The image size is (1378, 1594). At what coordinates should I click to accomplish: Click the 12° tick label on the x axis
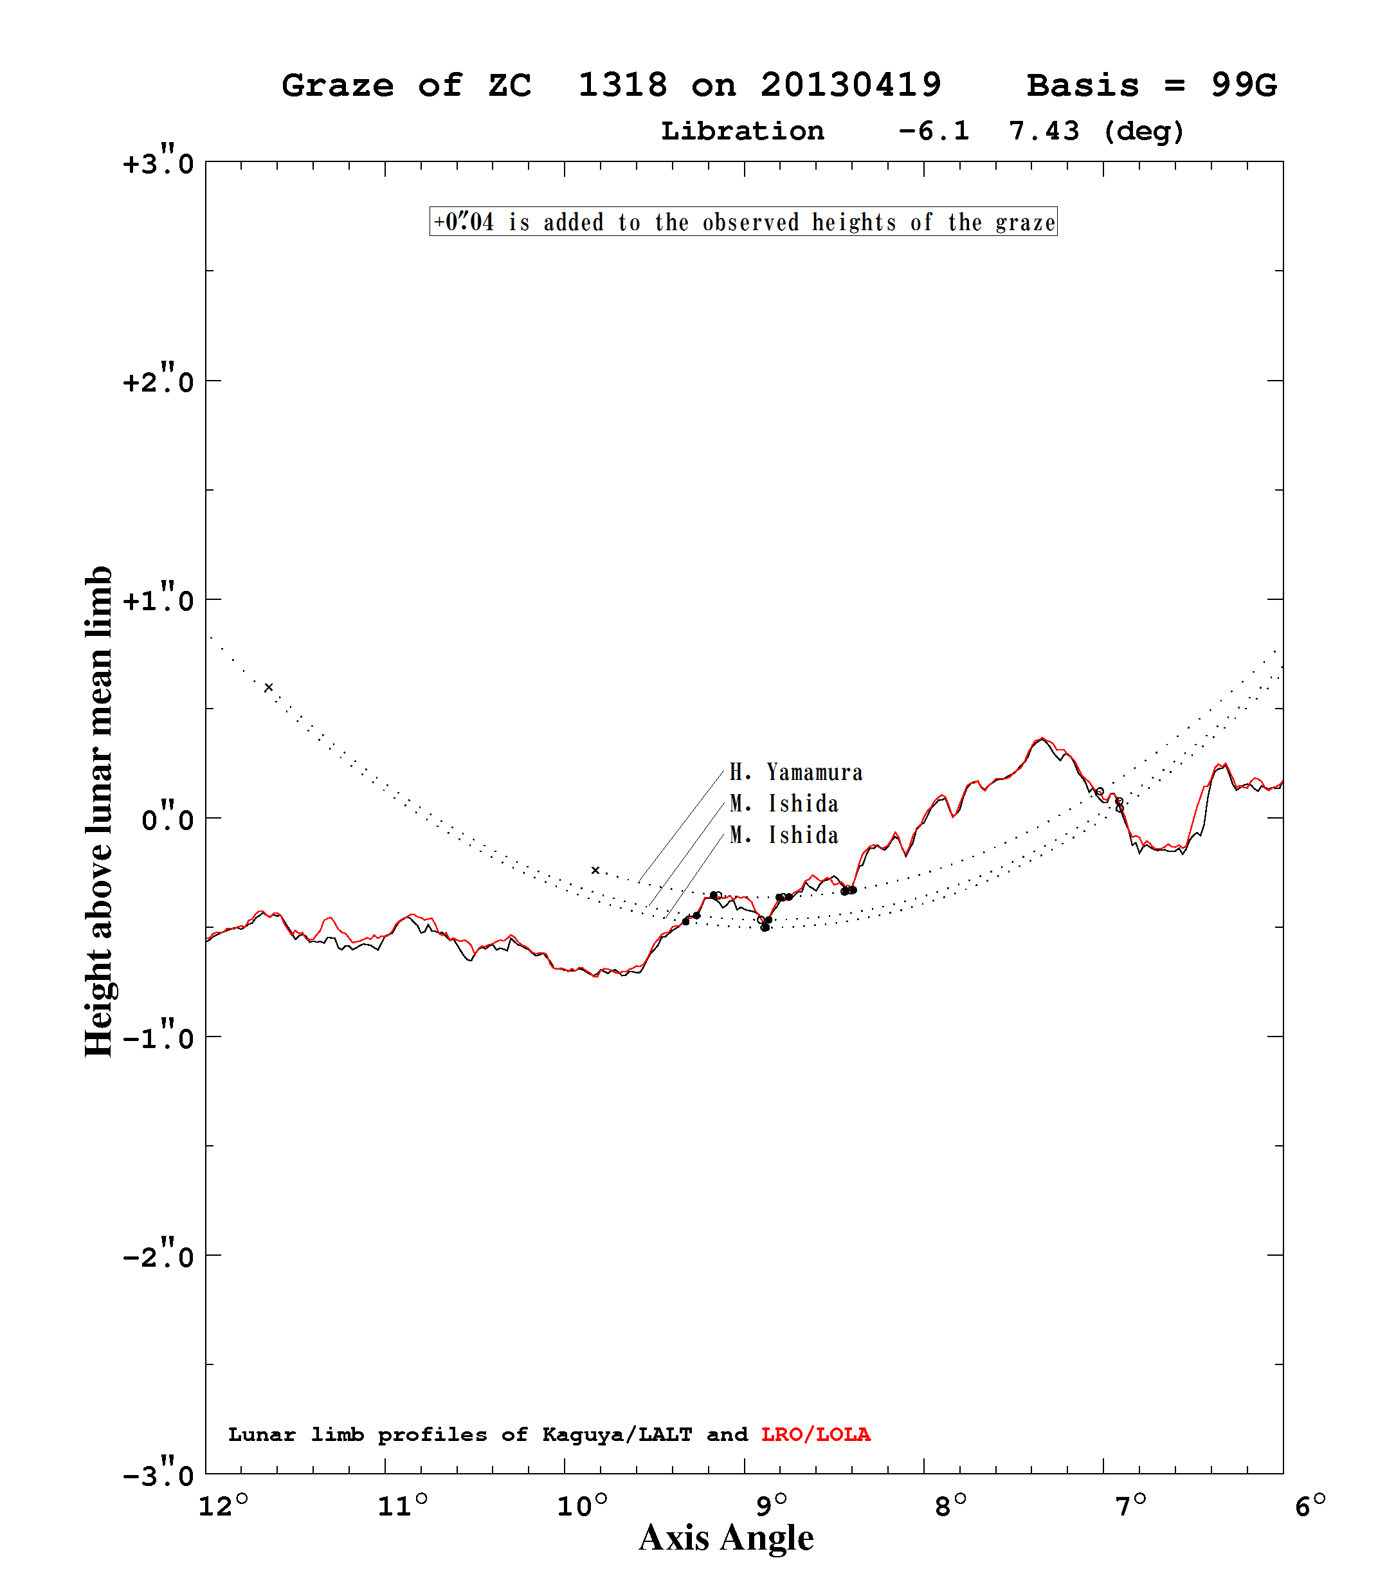coord(223,1505)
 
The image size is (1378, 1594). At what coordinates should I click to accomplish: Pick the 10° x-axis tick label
coord(583,1505)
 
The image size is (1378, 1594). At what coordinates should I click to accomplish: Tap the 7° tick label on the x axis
coord(1130,1505)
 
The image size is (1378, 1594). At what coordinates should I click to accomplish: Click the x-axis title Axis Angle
coord(727,1539)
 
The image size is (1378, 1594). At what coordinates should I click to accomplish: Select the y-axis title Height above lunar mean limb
coord(98,811)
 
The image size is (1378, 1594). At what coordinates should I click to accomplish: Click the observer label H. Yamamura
coord(795,772)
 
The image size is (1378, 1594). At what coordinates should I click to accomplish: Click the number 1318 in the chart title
coord(622,85)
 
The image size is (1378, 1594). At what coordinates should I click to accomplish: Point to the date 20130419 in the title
coord(851,85)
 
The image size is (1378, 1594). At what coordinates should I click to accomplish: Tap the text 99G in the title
coord(1244,85)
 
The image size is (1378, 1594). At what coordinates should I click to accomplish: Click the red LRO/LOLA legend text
coord(815,1435)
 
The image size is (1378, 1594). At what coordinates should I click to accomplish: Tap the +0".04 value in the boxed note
coord(464,222)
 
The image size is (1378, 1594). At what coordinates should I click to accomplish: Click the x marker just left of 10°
coord(595,870)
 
